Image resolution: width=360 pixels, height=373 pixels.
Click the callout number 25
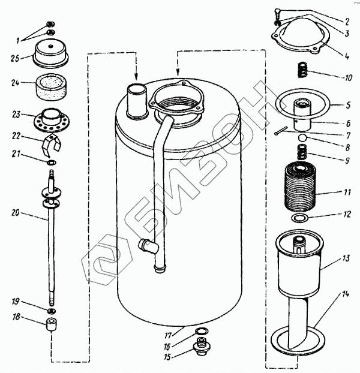point(15,58)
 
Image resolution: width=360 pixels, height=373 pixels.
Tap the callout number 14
point(346,294)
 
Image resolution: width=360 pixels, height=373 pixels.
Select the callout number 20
point(16,212)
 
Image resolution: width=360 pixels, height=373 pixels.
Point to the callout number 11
point(347,192)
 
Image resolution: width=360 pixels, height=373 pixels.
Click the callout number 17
point(168,336)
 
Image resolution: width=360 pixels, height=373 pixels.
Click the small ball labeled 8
point(302,137)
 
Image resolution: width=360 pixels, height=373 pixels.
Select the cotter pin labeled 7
point(281,131)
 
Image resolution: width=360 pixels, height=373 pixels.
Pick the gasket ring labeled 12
point(299,218)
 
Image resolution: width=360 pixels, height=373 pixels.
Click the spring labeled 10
point(302,70)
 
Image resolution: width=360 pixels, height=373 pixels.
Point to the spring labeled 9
point(302,152)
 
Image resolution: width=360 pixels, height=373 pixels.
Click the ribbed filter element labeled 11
point(301,186)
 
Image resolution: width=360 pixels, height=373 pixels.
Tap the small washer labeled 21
point(51,163)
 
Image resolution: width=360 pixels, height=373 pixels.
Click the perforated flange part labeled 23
point(52,120)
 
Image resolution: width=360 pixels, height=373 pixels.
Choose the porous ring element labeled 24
point(52,87)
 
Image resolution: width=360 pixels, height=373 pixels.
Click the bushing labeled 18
point(51,324)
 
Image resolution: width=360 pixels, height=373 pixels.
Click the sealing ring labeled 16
point(202,330)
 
